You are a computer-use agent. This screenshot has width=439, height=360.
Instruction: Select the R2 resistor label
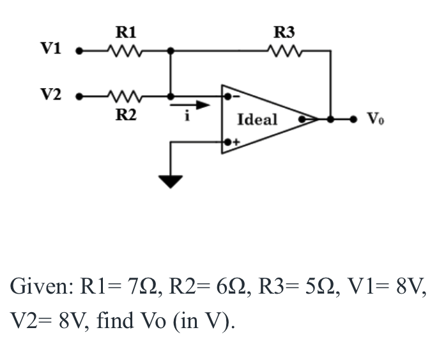pyautogui.click(x=125, y=115)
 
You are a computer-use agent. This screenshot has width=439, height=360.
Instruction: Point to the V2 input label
pyautogui.click(x=51, y=96)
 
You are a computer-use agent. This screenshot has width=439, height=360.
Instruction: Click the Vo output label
pyautogui.click(x=374, y=119)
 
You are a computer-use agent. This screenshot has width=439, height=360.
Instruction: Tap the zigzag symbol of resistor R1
pyautogui.click(x=125, y=50)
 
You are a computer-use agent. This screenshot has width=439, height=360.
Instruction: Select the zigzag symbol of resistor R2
pyautogui.click(x=125, y=97)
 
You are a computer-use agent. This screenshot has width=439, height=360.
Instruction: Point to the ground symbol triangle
pyautogui.click(x=171, y=182)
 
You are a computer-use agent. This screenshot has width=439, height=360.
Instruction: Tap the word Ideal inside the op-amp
pyautogui.click(x=257, y=119)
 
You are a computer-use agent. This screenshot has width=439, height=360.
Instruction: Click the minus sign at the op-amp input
pyautogui.click(x=235, y=97)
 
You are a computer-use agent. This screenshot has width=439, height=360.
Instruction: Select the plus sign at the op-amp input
pyautogui.click(x=235, y=142)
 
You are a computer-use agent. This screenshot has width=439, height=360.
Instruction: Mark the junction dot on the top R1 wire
pyautogui.click(x=171, y=50)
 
